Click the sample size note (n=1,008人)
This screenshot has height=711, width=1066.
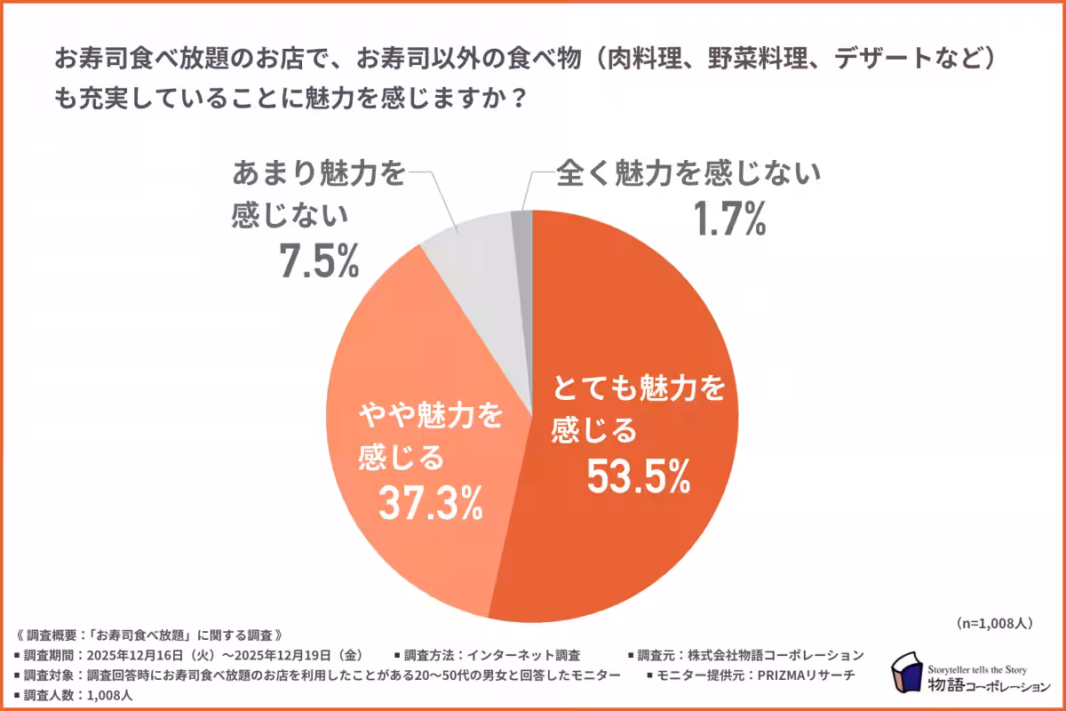(x=994, y=623)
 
